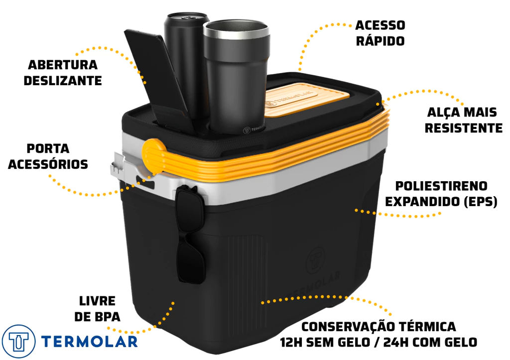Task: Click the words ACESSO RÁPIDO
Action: [x=380, y=33]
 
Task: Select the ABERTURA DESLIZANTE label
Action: [x=63, y=73]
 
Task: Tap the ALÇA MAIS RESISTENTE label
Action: [x=464, y=120]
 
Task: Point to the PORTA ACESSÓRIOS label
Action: [x=48, y=156]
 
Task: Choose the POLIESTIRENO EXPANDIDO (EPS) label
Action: [x=441, y=194]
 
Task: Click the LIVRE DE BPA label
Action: [x=97, y=309]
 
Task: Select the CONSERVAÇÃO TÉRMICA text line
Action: [x=379, y=327]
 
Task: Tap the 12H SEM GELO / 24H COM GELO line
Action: [x=379, y=342]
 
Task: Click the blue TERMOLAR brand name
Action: [x=90, y=342]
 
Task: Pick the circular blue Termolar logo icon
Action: [x=18, y=342]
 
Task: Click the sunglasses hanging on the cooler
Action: [x=190, y=234]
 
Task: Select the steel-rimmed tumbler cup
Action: [x=237, y=77]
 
